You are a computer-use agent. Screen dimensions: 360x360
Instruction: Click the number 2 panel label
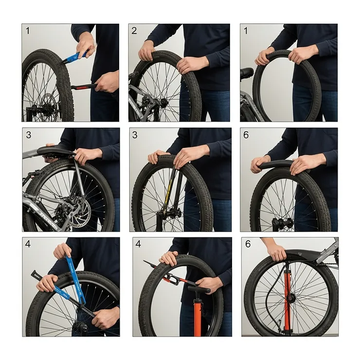coord(134,31)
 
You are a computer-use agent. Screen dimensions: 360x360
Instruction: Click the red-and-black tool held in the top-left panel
coord(86,87)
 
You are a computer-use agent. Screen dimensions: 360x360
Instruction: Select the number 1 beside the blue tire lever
coord(28,31)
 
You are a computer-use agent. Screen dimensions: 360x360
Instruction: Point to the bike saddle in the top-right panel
coord(247,72)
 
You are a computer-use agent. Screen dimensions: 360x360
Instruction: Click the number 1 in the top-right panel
coord(246,31)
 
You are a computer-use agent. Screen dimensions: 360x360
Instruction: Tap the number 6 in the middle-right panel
coord(246,135)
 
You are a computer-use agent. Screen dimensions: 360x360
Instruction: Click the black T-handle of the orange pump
coord(199,289)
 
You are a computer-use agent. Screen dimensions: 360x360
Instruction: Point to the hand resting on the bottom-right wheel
coord(277,252)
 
